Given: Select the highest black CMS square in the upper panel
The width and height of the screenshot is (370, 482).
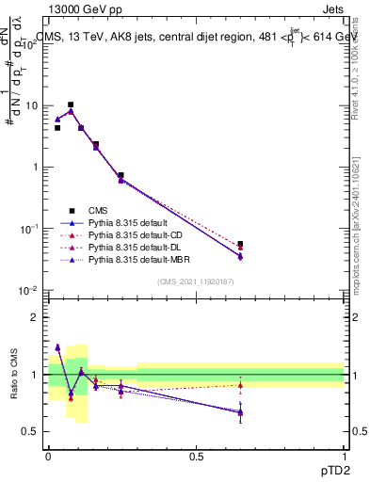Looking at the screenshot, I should pyautogui.click(x=71, y=104).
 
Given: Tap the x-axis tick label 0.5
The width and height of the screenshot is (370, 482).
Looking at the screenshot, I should pyautogui.click(x=196, y=456).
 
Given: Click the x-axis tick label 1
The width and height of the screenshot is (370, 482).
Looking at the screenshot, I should pyautogui.click(x=344, y=456).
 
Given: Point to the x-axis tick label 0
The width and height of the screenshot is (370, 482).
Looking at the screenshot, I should pyautogui.click(x=48, y=456).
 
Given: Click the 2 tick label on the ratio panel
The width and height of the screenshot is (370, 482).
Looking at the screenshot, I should pyautogui.click(x=36, y=317).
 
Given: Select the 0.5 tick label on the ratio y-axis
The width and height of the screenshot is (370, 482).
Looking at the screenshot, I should pyautogui.click(x=30, y=432).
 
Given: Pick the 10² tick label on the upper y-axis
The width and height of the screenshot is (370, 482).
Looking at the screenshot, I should pyautogui.click(x=31, y=43).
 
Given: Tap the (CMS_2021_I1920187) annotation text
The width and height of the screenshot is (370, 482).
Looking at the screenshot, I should pyautogui.click(x=196, y=281).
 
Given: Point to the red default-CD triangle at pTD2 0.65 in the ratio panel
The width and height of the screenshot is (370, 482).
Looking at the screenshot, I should pyautogui.click(x=240, y=385).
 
